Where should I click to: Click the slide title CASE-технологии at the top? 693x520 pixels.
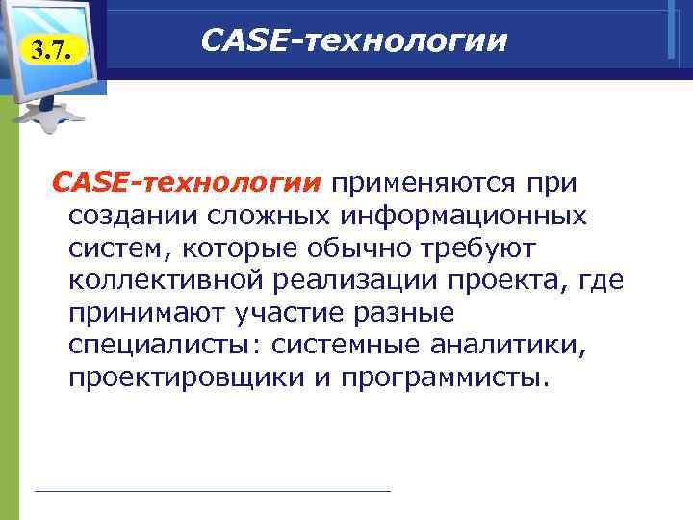(353, 40)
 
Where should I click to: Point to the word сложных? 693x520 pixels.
(261, 216)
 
